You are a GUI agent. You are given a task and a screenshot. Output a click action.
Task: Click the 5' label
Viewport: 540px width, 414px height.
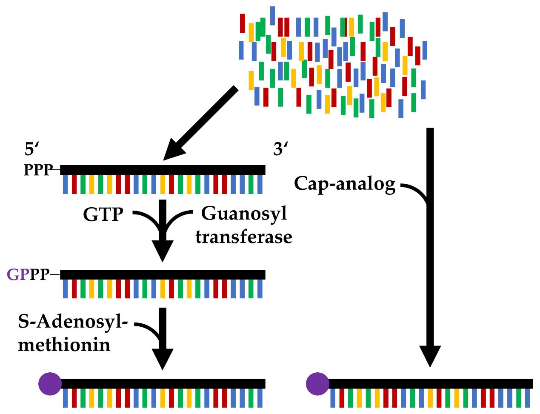(x=31, y=150)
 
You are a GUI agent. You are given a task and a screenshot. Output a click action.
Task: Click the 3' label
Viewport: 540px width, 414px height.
(x=280, y=150)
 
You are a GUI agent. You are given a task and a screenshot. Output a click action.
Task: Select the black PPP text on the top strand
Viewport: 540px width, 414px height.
(x=38, y=170)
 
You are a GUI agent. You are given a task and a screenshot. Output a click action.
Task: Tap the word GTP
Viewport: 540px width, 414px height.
(x=103, y=214)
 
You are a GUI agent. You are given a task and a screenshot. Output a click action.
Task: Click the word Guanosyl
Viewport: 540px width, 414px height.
(x=244, y=214)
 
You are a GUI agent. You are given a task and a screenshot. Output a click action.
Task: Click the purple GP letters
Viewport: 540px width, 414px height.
(x=18, y=274)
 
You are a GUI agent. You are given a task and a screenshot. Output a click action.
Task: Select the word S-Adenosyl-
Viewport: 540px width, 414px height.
(x=73, y=322)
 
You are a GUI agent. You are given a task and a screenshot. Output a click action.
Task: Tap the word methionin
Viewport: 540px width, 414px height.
(x=64, y=345)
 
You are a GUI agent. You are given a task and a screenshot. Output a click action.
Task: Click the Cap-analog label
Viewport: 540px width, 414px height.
(x=345, y=184)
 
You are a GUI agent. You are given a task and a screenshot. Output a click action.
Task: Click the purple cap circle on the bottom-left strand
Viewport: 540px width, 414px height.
(x=50, y=383)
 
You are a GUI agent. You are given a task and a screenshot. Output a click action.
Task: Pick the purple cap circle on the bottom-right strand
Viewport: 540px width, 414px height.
(x=317, y=383)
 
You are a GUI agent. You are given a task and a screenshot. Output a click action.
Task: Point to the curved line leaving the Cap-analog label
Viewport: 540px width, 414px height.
(x=415, y=191)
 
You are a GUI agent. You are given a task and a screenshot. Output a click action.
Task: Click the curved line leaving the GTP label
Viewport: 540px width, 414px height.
(x=147, y=217)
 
